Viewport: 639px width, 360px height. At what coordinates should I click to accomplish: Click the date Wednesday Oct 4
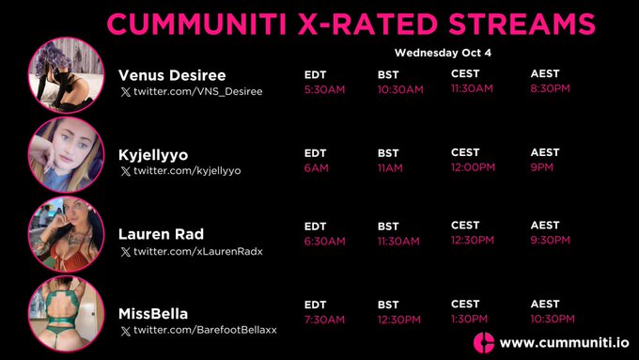point(443,53)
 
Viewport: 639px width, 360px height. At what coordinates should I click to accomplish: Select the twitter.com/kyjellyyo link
point(187,171)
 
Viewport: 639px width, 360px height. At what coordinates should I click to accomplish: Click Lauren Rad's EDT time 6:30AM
point(324,241)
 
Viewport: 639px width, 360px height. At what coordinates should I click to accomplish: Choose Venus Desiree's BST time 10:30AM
point(400,89)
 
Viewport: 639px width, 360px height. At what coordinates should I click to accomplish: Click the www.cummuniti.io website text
point(560,342)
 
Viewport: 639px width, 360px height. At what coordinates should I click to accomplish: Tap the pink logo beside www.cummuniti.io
point(484,342)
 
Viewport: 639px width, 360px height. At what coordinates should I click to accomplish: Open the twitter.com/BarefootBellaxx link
point(205,330)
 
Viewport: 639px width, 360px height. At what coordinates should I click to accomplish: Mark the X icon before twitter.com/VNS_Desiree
point(125,92)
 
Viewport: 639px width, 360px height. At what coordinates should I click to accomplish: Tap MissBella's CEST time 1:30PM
point(469,319)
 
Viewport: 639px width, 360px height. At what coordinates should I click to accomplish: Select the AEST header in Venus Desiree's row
point(544,74)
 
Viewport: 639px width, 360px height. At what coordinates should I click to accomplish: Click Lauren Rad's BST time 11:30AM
point(398,241)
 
